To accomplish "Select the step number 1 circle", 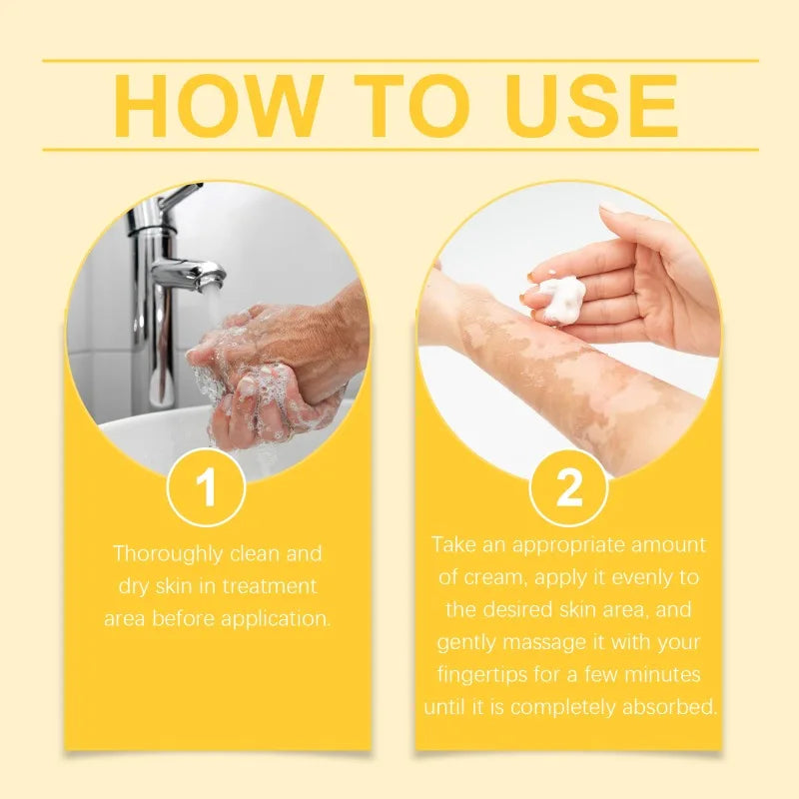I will point(207,488).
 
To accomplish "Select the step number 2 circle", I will point(569,488).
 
